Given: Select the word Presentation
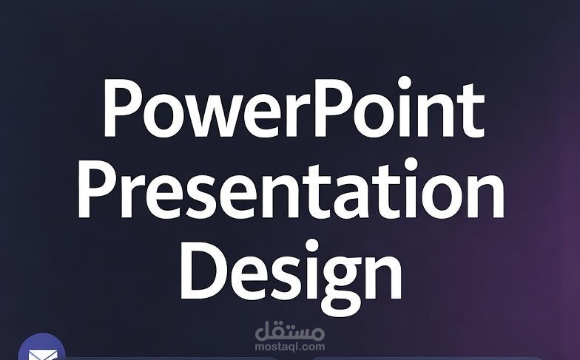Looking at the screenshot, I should point(291,191).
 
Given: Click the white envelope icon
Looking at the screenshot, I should point(41,353).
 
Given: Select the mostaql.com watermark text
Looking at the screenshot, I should point(289,345).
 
